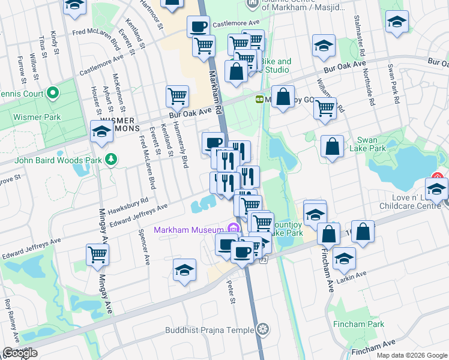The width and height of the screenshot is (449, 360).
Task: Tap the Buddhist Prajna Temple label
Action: point(210,330)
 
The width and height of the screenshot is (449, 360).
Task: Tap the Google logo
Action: point(19,353)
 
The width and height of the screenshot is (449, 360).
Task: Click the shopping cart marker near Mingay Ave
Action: point(97,254)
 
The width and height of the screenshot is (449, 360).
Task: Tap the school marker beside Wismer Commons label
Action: point(101,131)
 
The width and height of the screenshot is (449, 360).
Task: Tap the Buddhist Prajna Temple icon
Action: point(262,329)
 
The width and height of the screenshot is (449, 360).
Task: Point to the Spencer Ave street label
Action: point(144,247)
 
